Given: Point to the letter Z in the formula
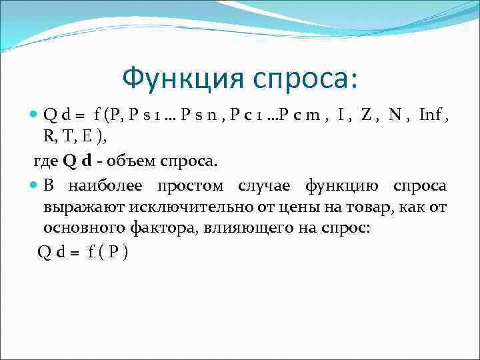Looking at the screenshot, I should tap(366, 115).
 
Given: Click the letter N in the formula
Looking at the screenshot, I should tap(396, 115).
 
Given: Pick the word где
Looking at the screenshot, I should tap(46, 161).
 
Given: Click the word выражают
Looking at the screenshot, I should tap(75, 207).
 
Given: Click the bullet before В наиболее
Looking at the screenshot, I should tap(35, 185).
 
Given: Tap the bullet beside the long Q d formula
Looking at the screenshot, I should tap(35, 115).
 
